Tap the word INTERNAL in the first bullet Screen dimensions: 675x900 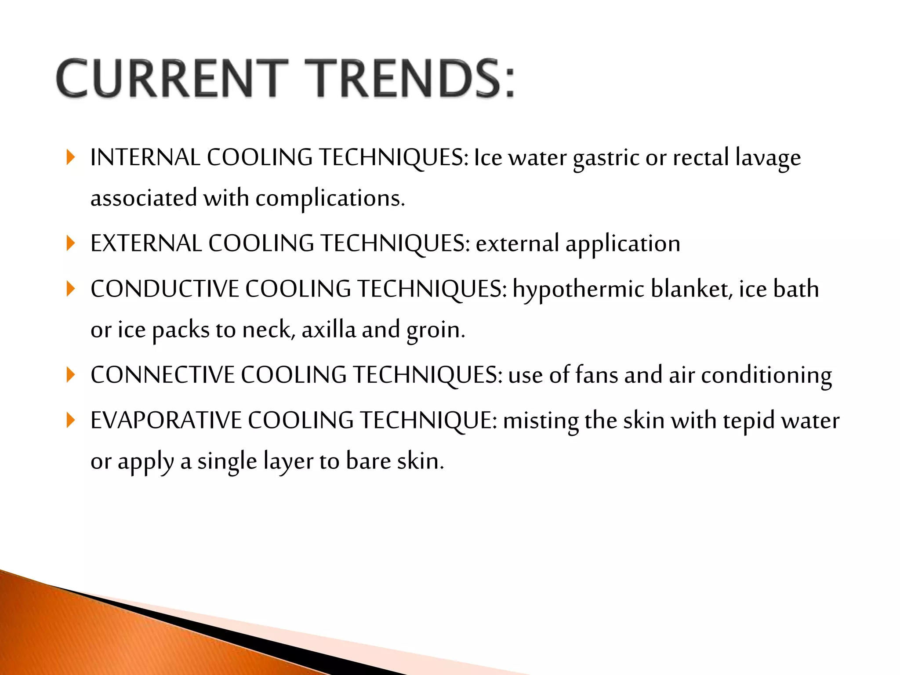pos(145,157)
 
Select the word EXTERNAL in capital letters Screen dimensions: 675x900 pos(146,243)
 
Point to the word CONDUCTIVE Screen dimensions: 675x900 pos(165,289)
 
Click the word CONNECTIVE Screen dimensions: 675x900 pos(163,375)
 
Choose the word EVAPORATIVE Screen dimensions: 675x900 pos(166,420)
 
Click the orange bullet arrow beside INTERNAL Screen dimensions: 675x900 pos(70,157)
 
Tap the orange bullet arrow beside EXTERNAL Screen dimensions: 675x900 pos(70,243)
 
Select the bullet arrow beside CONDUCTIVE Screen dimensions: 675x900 pos(70,289)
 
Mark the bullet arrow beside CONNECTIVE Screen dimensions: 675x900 pos(70,375)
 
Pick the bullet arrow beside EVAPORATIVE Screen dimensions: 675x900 pos(70,420)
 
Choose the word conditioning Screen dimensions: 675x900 pos(766,376)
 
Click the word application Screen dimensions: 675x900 pos(623,244)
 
